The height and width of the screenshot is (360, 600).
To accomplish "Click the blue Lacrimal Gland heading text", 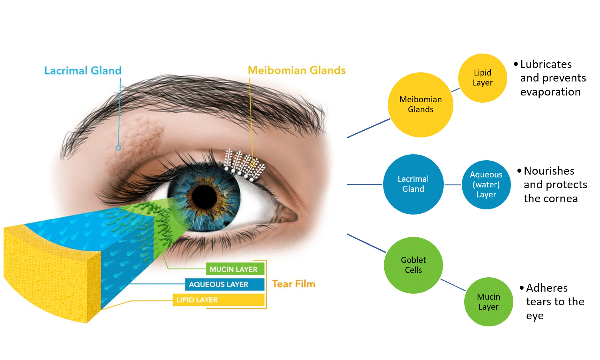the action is (x=83, y=70).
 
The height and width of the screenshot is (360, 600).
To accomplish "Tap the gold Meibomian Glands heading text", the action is (x=297, y=70).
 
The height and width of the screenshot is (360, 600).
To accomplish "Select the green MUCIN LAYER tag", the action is (x=235, y=269).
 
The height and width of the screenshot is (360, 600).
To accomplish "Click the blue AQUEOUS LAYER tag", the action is (x=225, y=284).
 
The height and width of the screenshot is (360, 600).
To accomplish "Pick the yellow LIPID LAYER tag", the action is (x=219, y=300).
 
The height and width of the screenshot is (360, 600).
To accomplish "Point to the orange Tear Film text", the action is (x=294, y=284).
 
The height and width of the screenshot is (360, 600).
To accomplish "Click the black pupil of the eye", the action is (x=205, y=197).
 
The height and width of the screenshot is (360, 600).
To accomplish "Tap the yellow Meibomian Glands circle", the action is (x=421, y=105).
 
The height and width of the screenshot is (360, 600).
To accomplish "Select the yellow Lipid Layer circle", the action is (x=483, y=78).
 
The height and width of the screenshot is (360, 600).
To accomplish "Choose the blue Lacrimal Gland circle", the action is (x=413, y=184).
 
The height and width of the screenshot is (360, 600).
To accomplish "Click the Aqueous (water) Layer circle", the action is (x=486, y=185).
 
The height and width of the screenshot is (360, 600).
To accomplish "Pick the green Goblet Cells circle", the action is (x=413, y=265).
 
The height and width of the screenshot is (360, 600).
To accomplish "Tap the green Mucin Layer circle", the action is (x=489, y=302).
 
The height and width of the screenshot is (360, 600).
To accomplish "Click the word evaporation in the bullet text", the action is (x=550, y=92).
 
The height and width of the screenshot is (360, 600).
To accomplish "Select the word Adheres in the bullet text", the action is (x=547, y=288).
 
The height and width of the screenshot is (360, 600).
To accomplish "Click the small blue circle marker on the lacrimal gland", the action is (x=118, y=148).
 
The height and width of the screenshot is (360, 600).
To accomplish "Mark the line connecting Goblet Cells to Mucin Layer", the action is (x=453, y=285).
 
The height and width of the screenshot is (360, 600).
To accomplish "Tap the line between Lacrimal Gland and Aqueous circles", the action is (x=453, y=185).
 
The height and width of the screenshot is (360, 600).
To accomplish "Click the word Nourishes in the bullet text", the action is (x=549, y=171).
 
